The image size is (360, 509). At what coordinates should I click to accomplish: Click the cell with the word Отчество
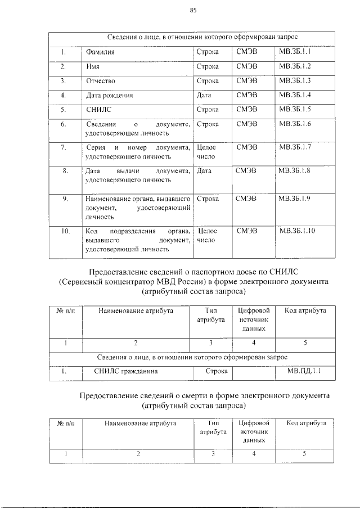pyautogui.click(x=101, y=80)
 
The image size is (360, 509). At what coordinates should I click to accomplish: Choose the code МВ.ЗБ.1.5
pyautogui.click(x=299, y=109)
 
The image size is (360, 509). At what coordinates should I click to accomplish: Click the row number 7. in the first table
pyautogui.click(x=65, y=147)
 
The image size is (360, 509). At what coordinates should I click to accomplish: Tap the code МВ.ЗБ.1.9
pyautogui.click(x=299, y=199)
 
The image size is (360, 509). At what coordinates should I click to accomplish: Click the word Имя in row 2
pyautogui.click(x=92, y=66)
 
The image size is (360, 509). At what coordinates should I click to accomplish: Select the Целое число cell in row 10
pyautogui.click(x=208, y=235)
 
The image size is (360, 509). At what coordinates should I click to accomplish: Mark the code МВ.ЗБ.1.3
pyautogui.click(x=299, y=80)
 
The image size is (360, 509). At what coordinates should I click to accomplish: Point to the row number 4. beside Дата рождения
pyautogui.click(x=64, y=95)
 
